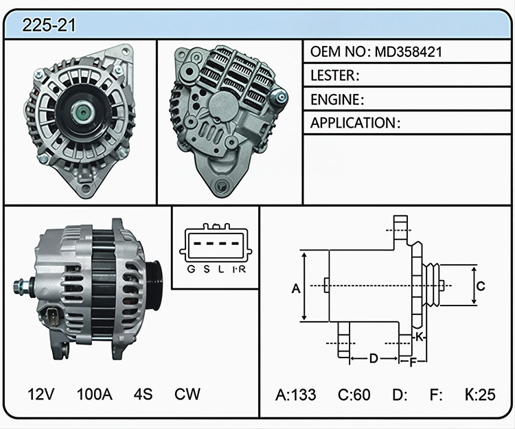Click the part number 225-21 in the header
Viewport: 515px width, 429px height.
click(49, 25)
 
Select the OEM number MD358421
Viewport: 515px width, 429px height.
click(409, 52)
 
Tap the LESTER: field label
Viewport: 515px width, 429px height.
click(334, 76)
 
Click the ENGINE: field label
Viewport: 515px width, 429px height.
click(337, 100)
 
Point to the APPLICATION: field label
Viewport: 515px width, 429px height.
click(356, 123)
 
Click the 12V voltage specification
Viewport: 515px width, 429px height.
click(41, 394)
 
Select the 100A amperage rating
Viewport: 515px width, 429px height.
click(95, 394)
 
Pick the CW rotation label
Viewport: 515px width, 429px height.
click(187, 394)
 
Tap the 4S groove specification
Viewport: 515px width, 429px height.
click(143, 394)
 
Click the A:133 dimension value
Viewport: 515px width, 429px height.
click(295, 395)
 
